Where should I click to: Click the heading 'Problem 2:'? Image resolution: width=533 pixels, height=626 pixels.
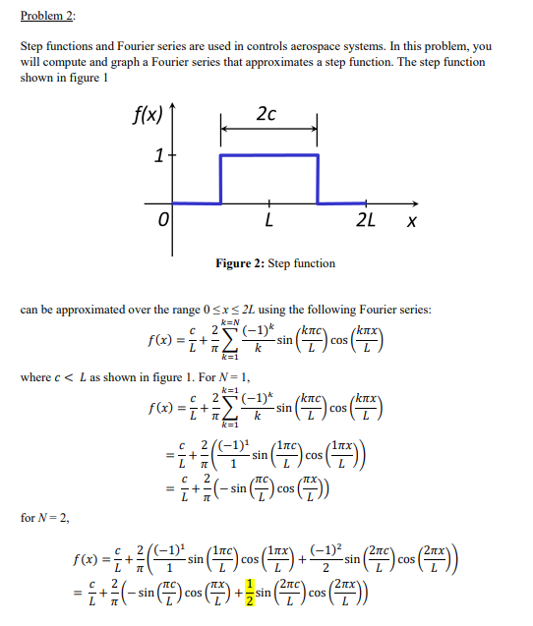(47, 17)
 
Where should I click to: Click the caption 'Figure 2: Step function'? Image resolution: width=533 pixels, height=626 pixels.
(276, 263)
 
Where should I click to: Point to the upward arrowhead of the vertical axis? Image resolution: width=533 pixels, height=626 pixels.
(176, 100)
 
